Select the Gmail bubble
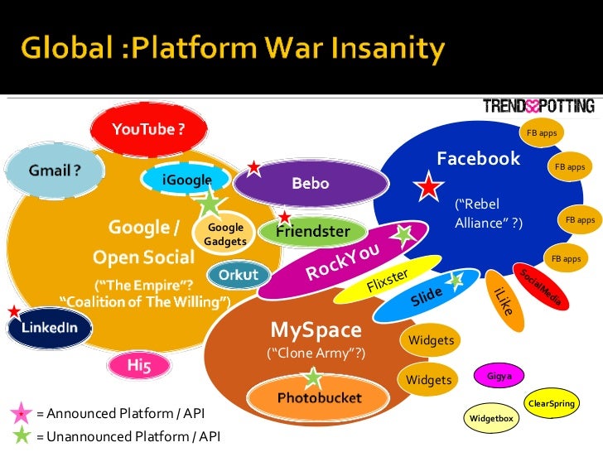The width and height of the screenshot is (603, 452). tap(55, 171)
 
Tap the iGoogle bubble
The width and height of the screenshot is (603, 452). tap(186, 180)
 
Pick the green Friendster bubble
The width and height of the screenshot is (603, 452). tap(313, 231)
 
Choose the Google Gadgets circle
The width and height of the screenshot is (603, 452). tap(225, 234)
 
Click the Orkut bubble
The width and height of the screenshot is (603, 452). tap(238, 275)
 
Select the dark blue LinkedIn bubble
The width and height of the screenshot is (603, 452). tap(49, 328)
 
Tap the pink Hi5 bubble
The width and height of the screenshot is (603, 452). tap(137, 364)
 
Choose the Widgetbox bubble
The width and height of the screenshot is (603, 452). tap(492, 420)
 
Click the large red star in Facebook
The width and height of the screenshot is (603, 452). tap(427, 186)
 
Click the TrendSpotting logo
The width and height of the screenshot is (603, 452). tap(538, 106)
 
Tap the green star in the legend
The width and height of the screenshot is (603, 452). tap(22, 436)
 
